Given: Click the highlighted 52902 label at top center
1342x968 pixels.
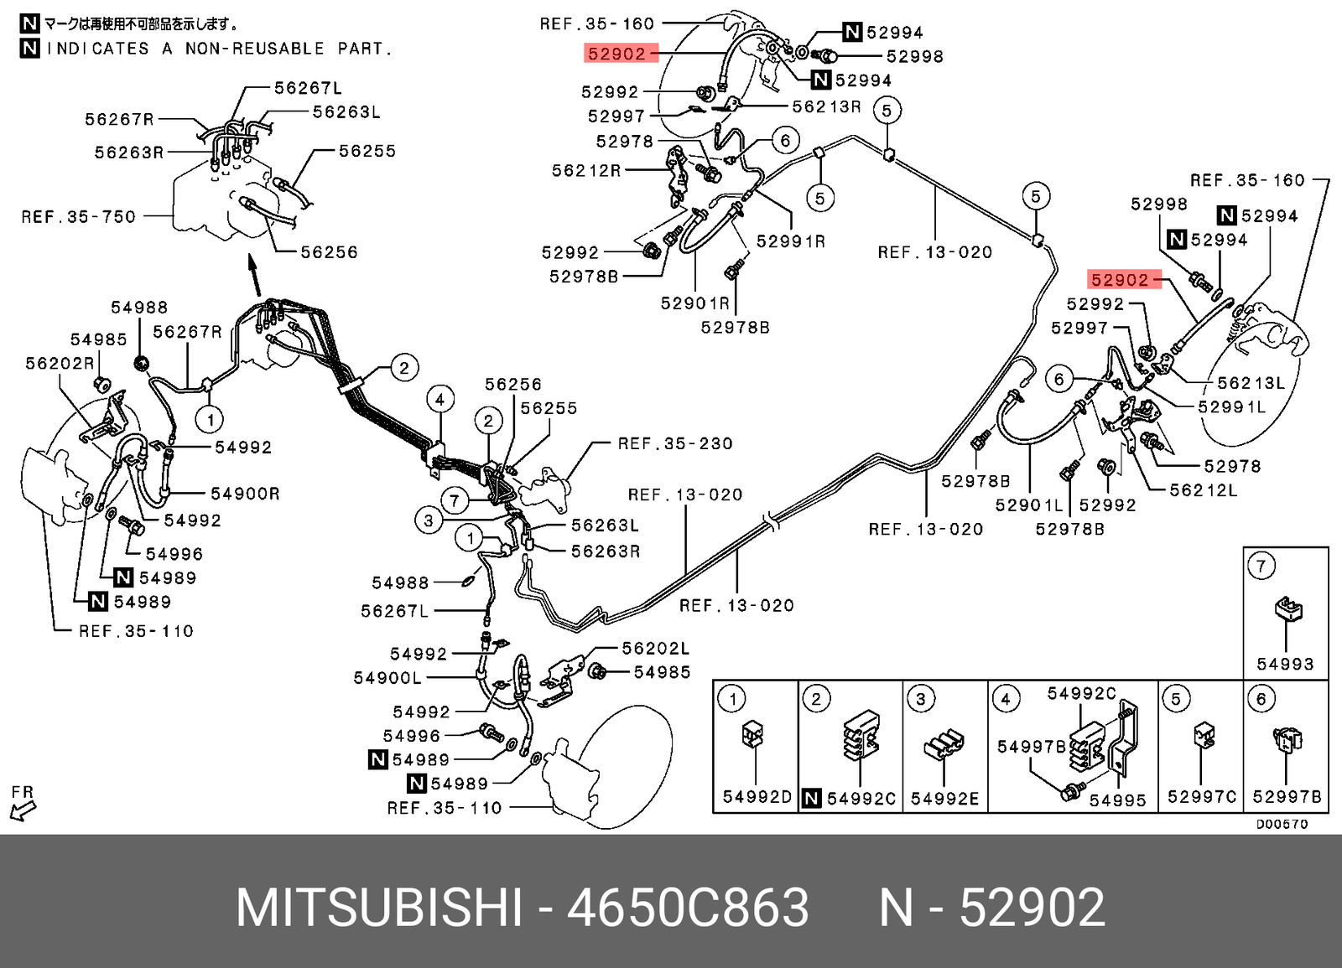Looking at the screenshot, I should click(617, 54).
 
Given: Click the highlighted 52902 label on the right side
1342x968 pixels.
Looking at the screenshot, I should click(1120, 280).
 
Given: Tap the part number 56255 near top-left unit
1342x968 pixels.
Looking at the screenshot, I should click(367, 151).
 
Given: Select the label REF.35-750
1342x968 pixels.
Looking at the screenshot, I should click(78, 217).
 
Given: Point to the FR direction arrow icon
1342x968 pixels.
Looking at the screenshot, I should click(23, 810).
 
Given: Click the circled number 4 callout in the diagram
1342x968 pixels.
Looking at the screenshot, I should click(440, 399).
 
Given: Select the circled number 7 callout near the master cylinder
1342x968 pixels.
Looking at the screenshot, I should click(454, 501).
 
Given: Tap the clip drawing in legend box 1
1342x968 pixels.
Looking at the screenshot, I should click(752, 735).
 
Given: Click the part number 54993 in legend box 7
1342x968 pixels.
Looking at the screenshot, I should click(1285, 664).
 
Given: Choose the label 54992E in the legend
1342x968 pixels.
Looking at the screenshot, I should click(944, 799).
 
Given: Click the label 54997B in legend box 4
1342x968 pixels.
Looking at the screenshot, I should click(1031, 746).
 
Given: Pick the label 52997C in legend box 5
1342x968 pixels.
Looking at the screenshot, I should click(1201, 797).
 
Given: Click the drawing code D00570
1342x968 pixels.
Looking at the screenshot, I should click(1281, 824).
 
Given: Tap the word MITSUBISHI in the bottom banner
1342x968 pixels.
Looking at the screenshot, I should click(379, 908).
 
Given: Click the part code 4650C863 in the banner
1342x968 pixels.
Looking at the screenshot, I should click(688, 908).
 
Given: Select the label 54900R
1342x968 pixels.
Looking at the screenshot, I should click(245, 494).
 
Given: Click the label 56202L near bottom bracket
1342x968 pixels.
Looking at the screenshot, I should click(655, 648).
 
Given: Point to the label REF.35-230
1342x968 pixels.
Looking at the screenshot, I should click(674, 443).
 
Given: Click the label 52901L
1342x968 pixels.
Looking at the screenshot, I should click(1028, 505).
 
